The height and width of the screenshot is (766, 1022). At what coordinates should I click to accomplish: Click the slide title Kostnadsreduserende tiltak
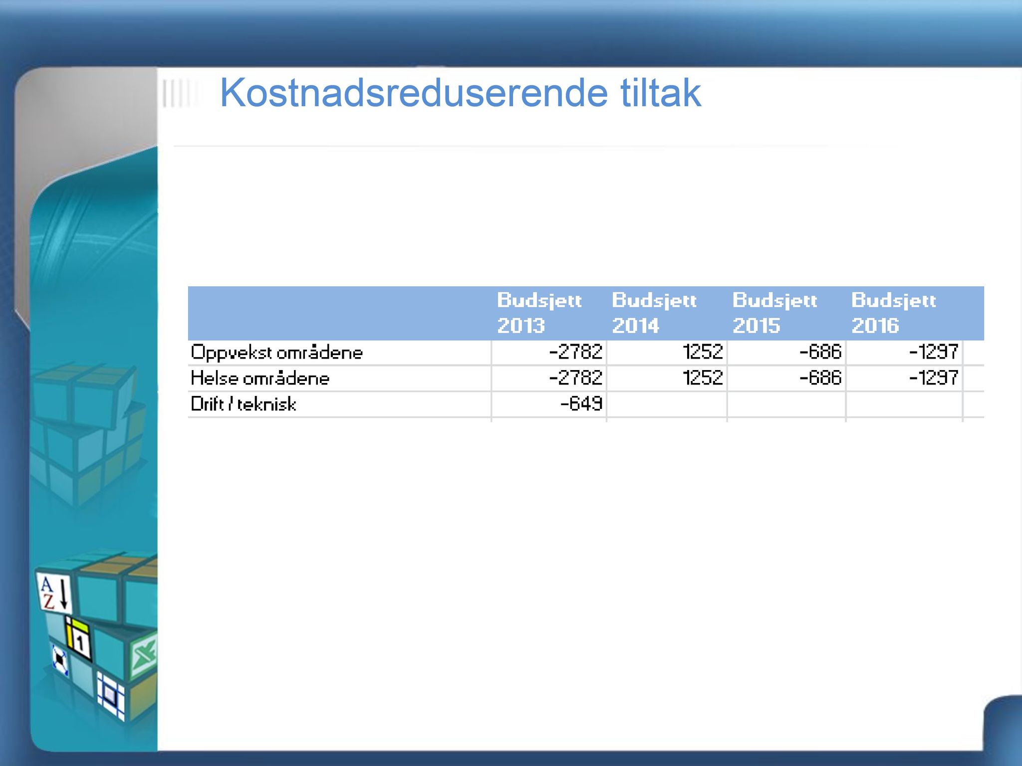click(x=460, y=93)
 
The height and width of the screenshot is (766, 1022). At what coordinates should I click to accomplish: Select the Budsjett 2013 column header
click(x=539, y=313)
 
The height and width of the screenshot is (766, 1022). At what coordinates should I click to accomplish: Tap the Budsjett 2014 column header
click(x=654, y=313)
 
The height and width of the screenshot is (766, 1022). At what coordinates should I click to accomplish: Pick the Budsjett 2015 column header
click(x=775, y=313)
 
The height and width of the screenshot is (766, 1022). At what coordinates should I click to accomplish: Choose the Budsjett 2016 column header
click(x=894, y=313)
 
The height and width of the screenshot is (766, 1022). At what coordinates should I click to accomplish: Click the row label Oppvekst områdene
click(x=277, y=353)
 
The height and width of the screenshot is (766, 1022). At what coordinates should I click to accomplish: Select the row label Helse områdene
click(x=260, y=378)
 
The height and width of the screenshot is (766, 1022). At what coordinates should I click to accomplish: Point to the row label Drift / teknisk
click(x=244, y=403)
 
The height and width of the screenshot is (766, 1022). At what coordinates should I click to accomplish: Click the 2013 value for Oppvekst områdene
click(x=576, y=352)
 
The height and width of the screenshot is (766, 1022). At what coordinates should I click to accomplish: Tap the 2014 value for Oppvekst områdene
click(x=703, y=352)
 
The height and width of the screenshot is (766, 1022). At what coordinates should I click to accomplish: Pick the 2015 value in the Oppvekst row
click(x=820, y=352)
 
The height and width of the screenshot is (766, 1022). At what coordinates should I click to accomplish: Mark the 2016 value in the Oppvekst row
click(x=933, y=352)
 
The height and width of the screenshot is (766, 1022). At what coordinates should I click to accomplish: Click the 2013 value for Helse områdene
click(x=576, y=378)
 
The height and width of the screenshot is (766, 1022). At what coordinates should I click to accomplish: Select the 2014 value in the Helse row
click(x=703, y=378)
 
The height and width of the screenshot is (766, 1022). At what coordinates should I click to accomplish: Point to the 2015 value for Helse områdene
click(x=820, y=378)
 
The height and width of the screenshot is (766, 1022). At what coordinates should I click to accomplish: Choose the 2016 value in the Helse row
click(x=933, y=378)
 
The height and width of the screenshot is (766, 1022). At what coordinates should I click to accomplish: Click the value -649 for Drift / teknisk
click(x=581, y=403)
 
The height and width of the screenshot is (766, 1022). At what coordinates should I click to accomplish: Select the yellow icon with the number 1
click(x=79, y=638)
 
